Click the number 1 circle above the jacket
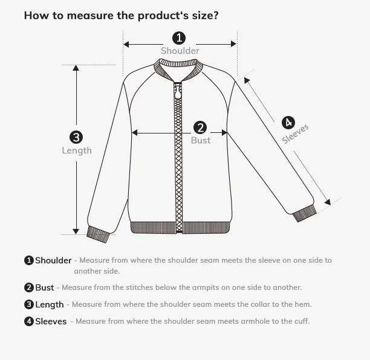pyautogui.click(x=180, y=38)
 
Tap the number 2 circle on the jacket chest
pyautogui.click(x=201, y=127)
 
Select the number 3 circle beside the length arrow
pyautogui.click(x=76, y=137)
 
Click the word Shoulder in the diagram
pyautogui.click(x=180, y=51)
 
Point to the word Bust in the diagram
pyautogui.click(x=201, y=140)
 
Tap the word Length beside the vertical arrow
pyautogui.click(x=77, y=150)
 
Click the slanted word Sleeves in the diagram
pyautogui.click(x=296, y=134)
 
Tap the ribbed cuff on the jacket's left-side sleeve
pyautogui.click(x=98, y=233)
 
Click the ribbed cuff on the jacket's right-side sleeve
pyautogui.click(x=303, y=213)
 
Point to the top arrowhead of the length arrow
pyautogui.click(x=76, y=68)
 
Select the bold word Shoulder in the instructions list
pyautogui.click(x=53, y=260)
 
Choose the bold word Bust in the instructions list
pyautogui.click(x=45, y=288)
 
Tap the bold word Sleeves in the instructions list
pyautogui.click(x=51, y=321)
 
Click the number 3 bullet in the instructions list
pyautogui.click(x=28, y=304)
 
